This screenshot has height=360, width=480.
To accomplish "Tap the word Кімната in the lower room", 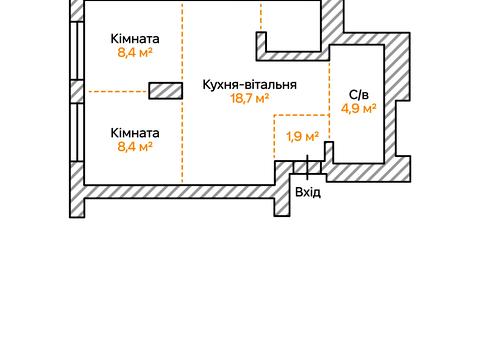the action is click(x=135, y=132).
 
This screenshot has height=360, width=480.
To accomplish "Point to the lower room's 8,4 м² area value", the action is click(x=135, y=147).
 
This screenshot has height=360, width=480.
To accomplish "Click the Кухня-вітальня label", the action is click(x=248, y=84).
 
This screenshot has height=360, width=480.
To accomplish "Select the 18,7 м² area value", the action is click(x=249, y=99).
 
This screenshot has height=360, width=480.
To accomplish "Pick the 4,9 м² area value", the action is click(x=358, y=108).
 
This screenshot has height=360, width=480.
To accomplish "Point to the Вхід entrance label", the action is click(x=307, y=191).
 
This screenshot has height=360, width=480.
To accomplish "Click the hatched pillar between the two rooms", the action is click(x=165, y=91).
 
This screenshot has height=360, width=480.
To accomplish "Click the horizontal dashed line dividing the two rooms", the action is click(x=117, y=91).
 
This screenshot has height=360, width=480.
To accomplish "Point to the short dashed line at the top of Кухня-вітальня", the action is click(x=261, y=16).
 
